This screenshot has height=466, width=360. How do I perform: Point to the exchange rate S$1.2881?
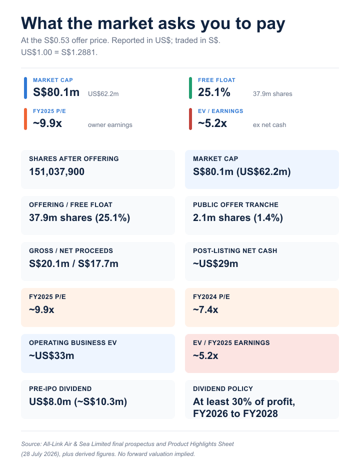point(79,52)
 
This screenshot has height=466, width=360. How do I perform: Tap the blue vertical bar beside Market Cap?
point(25,88)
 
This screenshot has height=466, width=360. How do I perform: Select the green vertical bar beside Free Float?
point(190,88)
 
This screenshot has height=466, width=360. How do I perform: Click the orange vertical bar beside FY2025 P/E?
point(25,119)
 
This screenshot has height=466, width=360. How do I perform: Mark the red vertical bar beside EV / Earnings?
point(190,119)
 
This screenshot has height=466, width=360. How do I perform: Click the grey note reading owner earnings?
point(110,125)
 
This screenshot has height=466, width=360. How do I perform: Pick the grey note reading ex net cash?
point(269,125)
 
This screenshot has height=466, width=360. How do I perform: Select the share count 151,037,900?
point(57,172)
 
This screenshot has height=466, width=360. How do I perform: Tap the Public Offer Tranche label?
point(235,205)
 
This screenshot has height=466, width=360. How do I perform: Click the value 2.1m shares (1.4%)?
point(238,218)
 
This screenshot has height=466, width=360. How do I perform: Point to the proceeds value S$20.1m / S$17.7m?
point(73,263)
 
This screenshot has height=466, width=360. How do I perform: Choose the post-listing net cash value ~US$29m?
point(215,263)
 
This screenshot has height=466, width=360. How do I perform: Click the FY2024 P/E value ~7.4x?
point(205,309)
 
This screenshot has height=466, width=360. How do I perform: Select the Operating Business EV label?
point(73,342)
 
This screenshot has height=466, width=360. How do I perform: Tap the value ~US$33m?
point(51,355)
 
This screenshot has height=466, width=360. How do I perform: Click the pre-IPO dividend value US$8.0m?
point(50,402)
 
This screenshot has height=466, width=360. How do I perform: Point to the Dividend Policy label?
point(223,388)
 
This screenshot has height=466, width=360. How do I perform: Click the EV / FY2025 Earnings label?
point(231,342)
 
